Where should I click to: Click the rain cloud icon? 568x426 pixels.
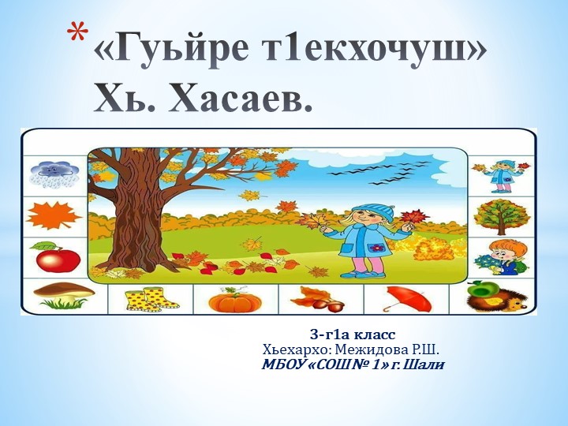(x=52, y=174)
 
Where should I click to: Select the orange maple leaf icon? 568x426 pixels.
(x=52, y=215)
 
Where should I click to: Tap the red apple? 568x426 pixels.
(x=55, y=257)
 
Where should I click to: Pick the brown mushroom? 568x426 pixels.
(x=63, y=296)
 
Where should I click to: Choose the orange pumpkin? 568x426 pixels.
(x=234, y=300)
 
